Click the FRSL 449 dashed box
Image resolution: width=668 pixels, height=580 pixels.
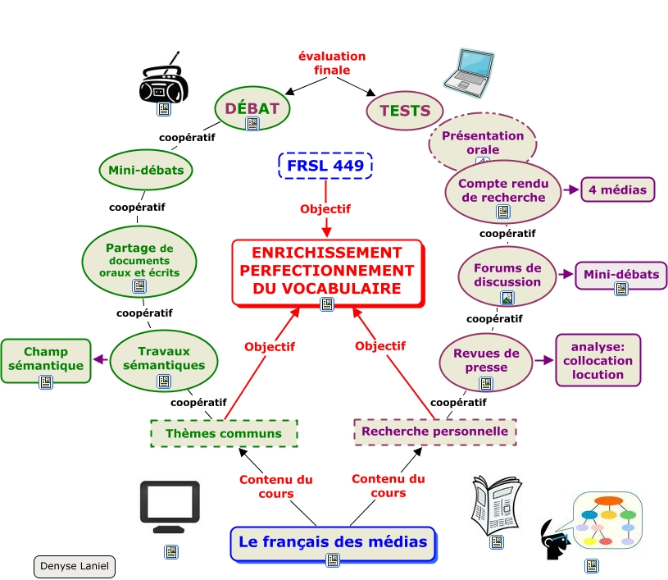[x=325, y=166]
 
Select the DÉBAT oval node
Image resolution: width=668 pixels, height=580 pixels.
[x=252, y=107]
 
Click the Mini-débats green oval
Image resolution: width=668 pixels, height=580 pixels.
[x=147, y=171]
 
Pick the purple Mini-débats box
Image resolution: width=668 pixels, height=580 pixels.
[x=621, y=276]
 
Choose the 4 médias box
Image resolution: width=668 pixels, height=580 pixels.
[x=618, y=190]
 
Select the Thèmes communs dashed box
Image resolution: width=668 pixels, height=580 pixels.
[x=224, y=433]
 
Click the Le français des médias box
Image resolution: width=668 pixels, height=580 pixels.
[x=333, y=543]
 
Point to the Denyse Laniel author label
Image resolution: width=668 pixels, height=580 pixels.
[x=75, y=566]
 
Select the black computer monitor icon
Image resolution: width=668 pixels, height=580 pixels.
[x=170, y=502]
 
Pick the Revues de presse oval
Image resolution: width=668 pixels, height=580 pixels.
[x=486, y=361]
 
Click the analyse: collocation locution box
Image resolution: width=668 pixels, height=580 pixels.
[x=598, y=360]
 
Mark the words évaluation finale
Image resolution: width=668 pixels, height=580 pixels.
[x=332, y=63]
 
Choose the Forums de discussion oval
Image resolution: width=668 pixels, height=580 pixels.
[x=507, y=276]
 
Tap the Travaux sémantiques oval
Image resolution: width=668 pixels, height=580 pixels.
[x=165, y=359]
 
